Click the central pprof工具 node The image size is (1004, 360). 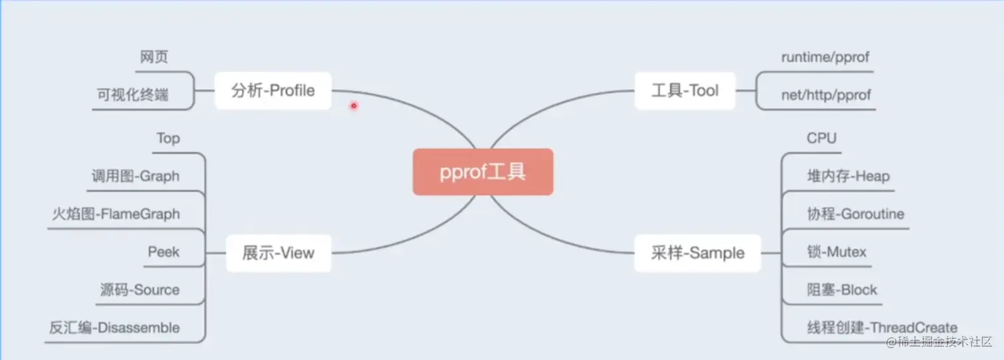click(x=483, y=172)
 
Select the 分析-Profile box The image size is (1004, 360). click(x=273, y=90)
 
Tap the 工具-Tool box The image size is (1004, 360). click(x=685, y=90)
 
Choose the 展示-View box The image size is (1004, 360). click(x=278, y=252)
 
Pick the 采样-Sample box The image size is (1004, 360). click(x=697, y=252)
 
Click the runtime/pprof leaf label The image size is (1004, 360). click(x=825, y=57)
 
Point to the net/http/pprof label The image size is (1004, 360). click(x=826, y=95)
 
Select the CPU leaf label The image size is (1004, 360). click(x=821, y=138)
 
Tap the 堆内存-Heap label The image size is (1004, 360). click(x=848, y=176)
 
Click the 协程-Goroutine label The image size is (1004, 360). click(x=855, y=214)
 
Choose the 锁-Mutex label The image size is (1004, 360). click(x=837, y=252)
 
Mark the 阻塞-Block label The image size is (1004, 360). click(x=842, y=290)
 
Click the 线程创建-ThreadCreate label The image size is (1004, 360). click(x=882, y=327)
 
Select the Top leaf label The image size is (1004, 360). click(x=168, y=138)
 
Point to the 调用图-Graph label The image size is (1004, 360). click(x=135, y=176)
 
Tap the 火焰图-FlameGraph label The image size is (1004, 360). click(x=116, y=214)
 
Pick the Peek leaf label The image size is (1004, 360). click(x=163, y=252)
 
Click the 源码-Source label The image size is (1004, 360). click(x=139, y=290)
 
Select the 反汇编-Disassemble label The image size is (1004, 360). click(x=114, y=327)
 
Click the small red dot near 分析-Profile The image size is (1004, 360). click(x=354, y=105)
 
